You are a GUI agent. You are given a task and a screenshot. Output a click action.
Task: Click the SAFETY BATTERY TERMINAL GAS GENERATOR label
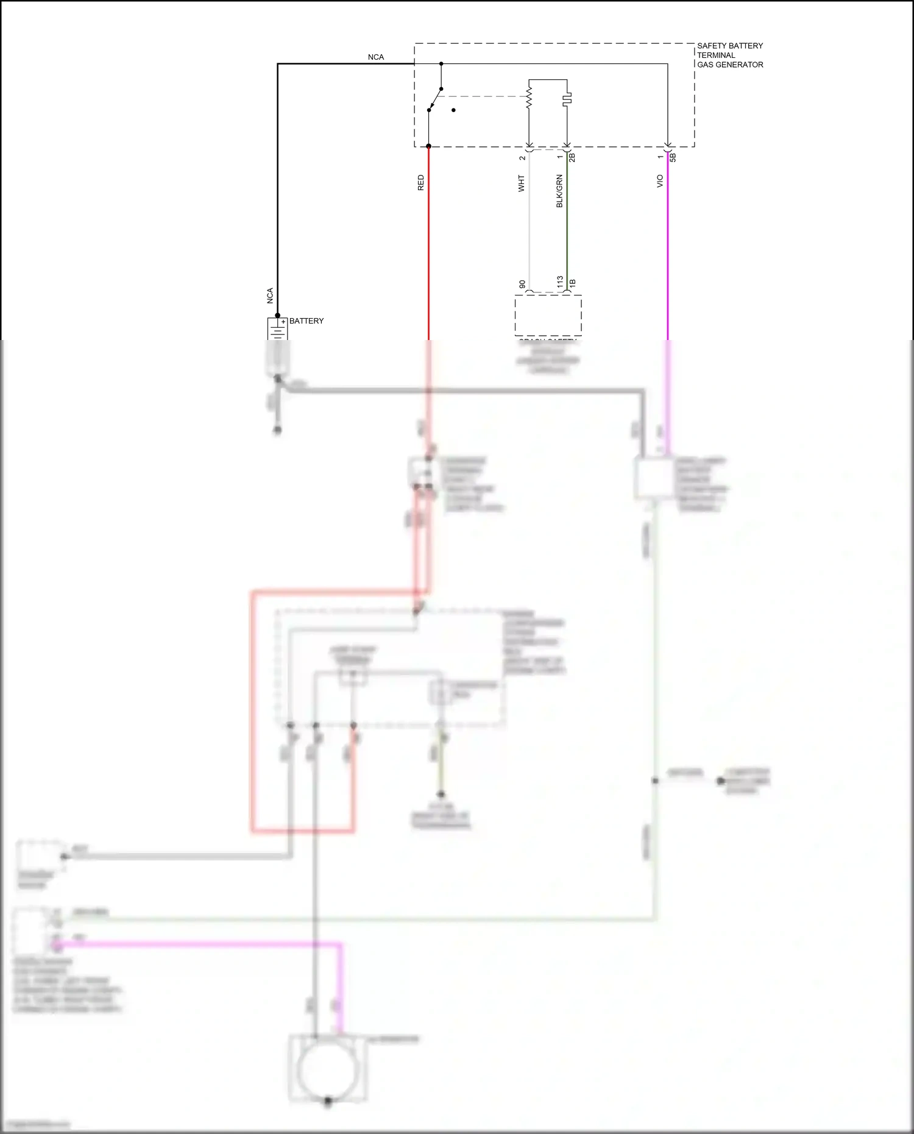pyautogui.click(x=729, y=55)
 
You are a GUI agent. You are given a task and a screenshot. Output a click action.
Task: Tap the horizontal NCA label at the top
pyautogui.click(x=375, y=57)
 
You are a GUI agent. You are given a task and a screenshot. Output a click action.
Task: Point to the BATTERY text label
pyautogui.click(x=306, y=321)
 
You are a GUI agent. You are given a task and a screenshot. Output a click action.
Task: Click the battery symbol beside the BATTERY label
pyautogui.click(x=277, y=329)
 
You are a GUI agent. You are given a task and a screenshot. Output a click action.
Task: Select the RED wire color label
pyautogui.click(x=420, y=183)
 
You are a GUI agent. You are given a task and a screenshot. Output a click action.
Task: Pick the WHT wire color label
pyautogui.click(x=521, y=183)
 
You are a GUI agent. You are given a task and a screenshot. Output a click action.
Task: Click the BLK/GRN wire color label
pyautogui.click(x=559, y=191)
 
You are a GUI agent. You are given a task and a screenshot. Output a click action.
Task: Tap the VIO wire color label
pyautogui.click(x=659, y=181)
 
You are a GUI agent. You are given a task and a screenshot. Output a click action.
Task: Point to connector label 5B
pyautogui.click(x=673, y=157)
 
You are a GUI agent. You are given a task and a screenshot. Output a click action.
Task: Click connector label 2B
pyautogui.click(x=572, y=157)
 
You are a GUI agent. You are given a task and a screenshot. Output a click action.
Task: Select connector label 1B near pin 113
pyautogui.click(x=572, y=283)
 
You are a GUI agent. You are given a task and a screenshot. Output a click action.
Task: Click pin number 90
pyautogui.click(x=522, y=285)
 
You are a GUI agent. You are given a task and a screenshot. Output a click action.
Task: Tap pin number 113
pyautogui.click(x=559, y=282)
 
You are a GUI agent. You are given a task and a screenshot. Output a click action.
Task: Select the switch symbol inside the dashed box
pyautogui.click(x=435, y=99)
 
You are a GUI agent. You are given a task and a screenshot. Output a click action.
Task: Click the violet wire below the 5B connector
pyautogui.click(x=668, y=244)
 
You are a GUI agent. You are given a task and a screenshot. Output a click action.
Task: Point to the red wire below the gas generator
pyautogui.click(x=428, y=244)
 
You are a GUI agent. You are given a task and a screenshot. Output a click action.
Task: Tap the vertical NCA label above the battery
pyautogui.click(x=270, y=296)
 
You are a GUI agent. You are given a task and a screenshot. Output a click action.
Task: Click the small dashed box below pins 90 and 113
pyautogui.click(x=548, y=315)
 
